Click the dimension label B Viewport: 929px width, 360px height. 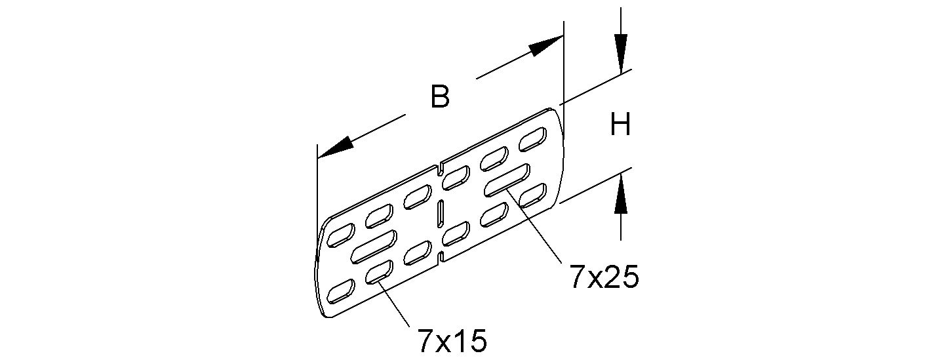(x=440, y=97)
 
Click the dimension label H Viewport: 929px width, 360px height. (x=620, y=125)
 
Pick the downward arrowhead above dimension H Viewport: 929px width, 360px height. (x=621, y=52)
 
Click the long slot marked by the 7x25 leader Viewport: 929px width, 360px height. (x=507, y=181)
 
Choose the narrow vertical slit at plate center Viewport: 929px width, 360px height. (x=441, y=214)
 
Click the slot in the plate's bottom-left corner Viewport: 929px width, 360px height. (x=341, y=289)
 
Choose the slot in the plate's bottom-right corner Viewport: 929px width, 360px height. (x=532, y=195)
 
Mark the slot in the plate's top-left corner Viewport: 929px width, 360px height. (x=341, y=233)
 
